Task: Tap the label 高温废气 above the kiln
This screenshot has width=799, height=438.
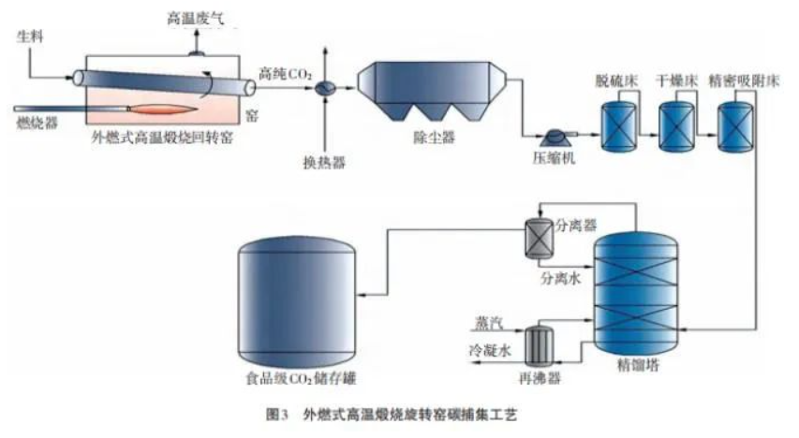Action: coord(198,18)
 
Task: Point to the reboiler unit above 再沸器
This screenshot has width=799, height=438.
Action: coord(539,343)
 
